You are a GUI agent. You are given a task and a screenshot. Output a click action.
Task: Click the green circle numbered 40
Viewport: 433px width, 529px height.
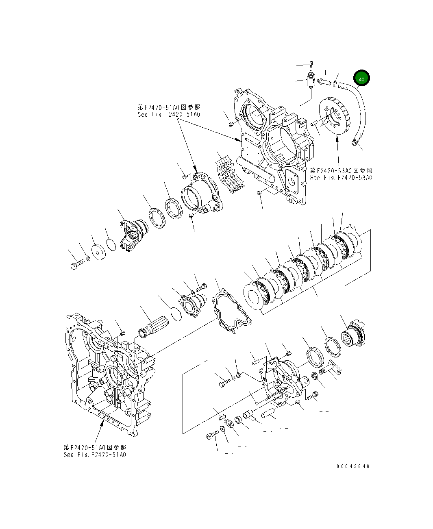click(x=361, y=79)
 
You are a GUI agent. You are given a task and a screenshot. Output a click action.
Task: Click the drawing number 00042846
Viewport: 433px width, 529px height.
click(x=353, y=466)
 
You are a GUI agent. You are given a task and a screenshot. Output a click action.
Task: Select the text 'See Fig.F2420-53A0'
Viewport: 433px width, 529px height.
click(x=341, y=178)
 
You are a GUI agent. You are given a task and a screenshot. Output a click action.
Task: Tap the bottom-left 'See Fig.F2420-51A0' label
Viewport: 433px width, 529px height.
click(x=95, y=455)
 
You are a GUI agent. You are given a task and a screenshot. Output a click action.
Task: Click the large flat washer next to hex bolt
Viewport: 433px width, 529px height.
click(x=99, y=252)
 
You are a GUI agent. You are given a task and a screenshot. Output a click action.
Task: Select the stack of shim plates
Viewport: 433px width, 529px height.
click(x=230, y=175)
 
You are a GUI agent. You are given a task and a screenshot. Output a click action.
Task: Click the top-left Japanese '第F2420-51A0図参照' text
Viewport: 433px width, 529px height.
click(x=169, y=107)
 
